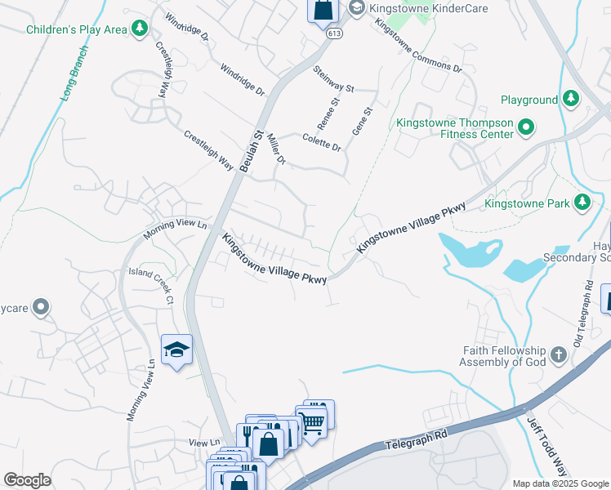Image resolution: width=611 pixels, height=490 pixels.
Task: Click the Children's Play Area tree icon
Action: [140, 29]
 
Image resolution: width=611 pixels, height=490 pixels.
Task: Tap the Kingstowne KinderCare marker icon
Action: [356, 7]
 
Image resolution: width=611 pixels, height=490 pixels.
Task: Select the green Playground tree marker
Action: [572, 100]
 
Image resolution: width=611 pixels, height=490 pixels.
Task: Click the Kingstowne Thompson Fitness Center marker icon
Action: [527, 128]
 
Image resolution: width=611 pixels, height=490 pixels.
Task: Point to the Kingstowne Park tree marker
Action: [582, 202]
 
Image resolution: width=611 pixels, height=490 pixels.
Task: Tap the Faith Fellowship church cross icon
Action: [559, 354]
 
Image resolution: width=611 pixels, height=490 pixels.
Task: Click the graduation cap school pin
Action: [176, 350]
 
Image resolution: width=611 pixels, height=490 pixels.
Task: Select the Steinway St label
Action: [333, 79]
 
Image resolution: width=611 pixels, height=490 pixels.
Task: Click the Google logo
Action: [27, 480]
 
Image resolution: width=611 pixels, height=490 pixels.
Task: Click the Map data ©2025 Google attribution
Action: [560, 483]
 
